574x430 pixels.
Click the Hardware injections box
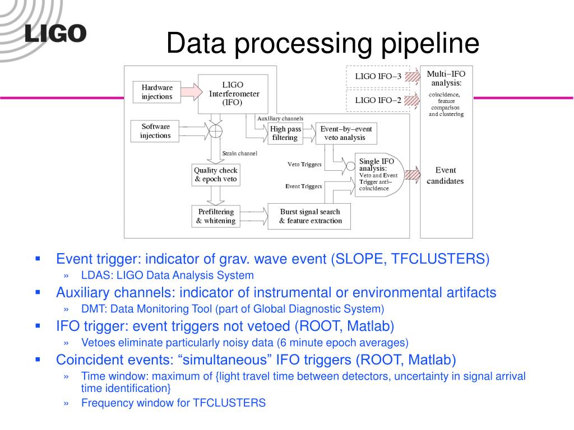[x=157, y=92]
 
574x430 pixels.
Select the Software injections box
[x=155, y=131]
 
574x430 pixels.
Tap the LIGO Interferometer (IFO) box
[x=233, y=94]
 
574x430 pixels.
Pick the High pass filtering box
[x=285, y=133]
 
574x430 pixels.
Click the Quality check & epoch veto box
[x=215, y=175]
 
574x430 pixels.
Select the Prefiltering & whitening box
[x=215, y=216]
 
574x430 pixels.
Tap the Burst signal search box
[x=310, y=216]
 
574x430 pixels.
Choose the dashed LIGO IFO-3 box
[x=378, y=77]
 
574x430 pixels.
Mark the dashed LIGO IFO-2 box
[x=378, y=101]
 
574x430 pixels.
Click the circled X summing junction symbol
[x=215, y=132]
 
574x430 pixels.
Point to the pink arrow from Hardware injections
[x=190, y=91]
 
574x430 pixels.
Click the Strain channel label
[x=239, y=153]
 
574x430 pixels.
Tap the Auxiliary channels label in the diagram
[x=280, y=119]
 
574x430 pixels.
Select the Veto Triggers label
[x=304, y=165]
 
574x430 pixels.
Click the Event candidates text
[x=446, y=175]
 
